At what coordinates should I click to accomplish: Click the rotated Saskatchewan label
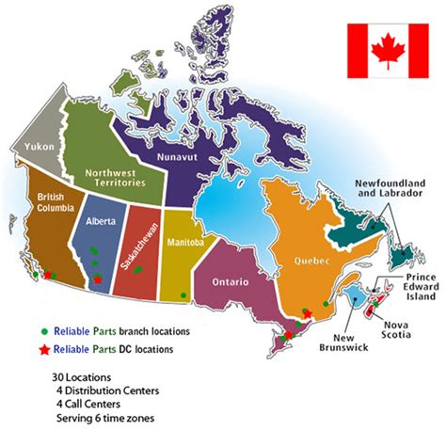(x=134, y=237)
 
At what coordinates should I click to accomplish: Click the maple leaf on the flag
(x=386, y=52)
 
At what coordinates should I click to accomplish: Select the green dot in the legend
(x=44, y=331)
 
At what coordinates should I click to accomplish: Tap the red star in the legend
(x=44, y=350)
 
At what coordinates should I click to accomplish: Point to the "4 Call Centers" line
(x=91, y=405)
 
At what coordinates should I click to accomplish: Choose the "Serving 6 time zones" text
(x=104, y=419)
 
